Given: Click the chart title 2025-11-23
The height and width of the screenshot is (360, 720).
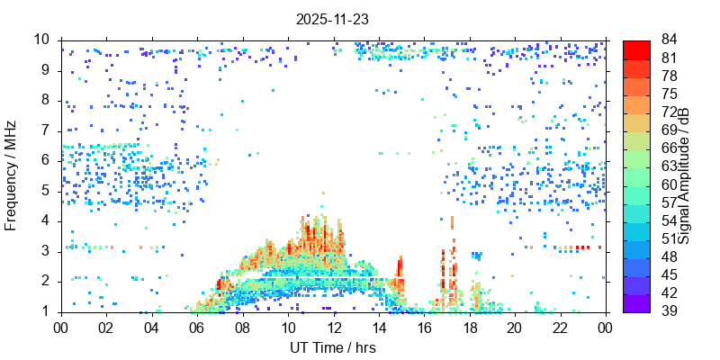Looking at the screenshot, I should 332,18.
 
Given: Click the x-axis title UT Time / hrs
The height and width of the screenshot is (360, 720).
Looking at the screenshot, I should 332,347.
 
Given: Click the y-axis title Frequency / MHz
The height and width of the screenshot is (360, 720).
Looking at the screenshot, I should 12,176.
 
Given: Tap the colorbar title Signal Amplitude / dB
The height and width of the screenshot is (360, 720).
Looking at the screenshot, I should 685,176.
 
